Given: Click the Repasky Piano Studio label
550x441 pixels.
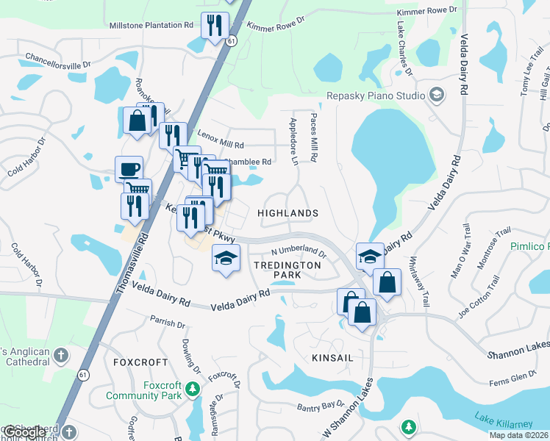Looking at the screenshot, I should pyautogui.click(x=376, y=96).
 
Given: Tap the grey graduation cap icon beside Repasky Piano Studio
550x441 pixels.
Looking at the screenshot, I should pyautogui.click(x=437, y=96).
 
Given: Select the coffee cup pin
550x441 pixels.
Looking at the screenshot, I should pyautogui.click(x=129, y=170).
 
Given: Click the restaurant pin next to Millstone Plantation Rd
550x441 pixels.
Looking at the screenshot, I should pyautogui.click(x=215, y=27).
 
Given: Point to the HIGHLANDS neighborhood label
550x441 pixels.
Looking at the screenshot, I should pyautogui.click(x=288, y=213).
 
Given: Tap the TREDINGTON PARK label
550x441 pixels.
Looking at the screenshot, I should pyautogui.click(x=277, y=269).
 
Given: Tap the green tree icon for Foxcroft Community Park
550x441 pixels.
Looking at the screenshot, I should pyautogui.click(x=193, y=389).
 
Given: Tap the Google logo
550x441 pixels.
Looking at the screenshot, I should pyautogui.click(x=24, y=432).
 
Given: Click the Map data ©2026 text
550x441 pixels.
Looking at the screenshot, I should pyautogui.click(x=518, y=435).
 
